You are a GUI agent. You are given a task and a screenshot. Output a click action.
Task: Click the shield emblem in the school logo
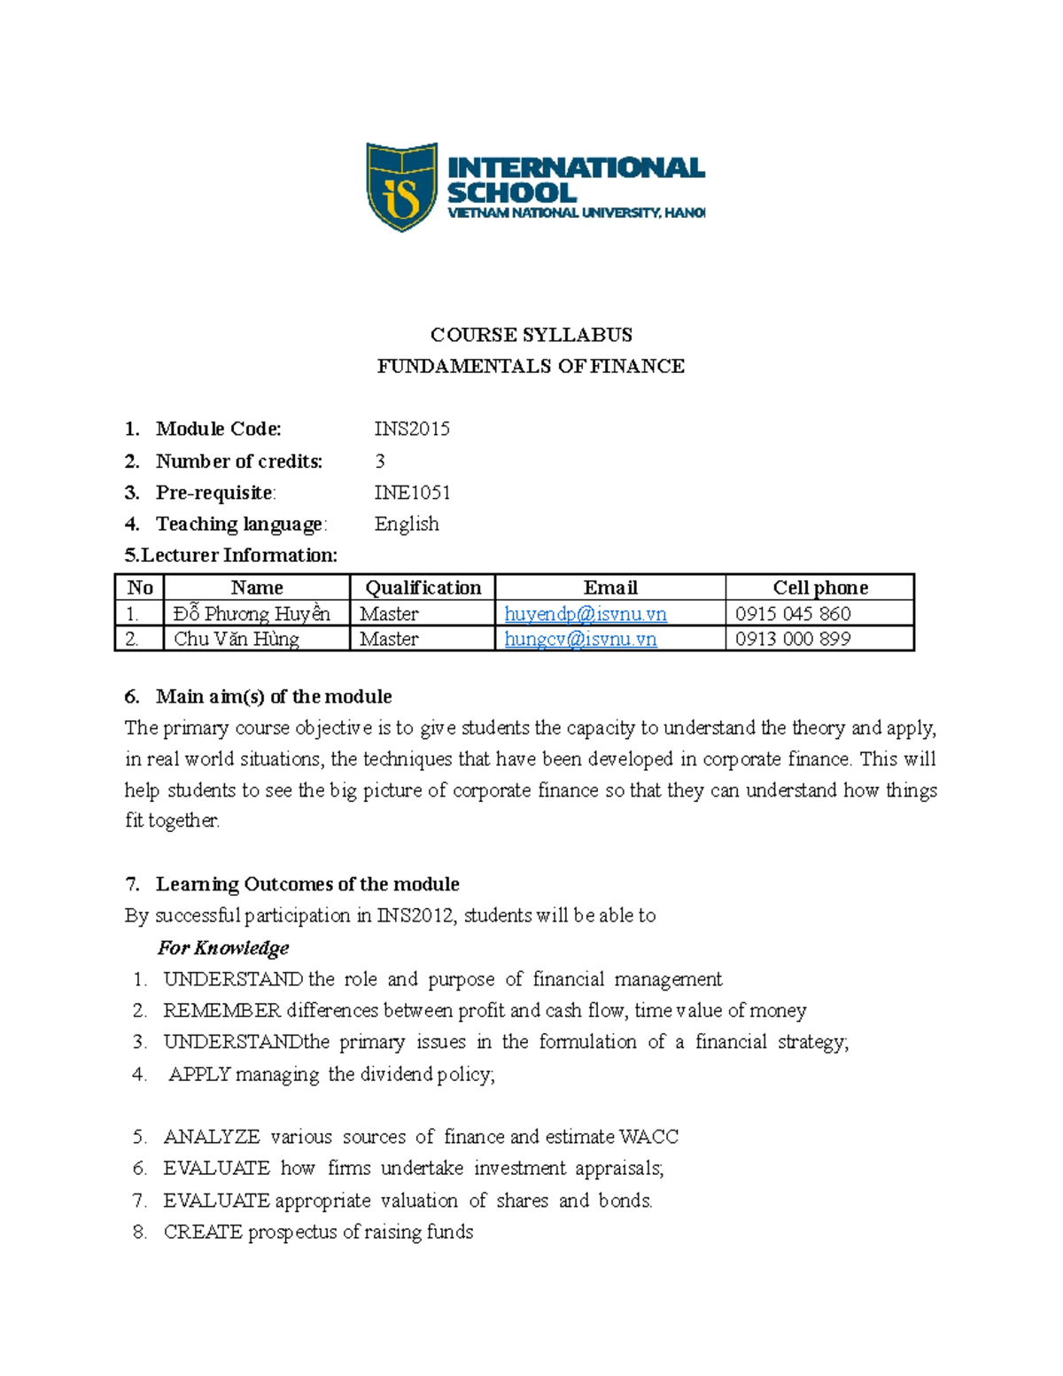click(x=401, y=187)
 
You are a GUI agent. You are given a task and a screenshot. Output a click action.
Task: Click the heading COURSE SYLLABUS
click(x=531, y=335)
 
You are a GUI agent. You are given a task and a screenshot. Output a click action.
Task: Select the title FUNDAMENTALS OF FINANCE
click(x=531, y=366)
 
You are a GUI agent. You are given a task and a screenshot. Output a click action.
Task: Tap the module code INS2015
click(x=412, y=429)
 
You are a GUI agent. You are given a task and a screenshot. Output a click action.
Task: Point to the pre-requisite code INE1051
click(x=412, y=493)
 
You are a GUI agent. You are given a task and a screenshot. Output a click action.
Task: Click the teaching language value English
click(x=407, y=524)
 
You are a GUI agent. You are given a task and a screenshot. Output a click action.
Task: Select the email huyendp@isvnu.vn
click(x=586, y=614)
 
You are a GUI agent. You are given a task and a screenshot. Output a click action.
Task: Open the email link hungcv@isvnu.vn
click(x=580, y=639)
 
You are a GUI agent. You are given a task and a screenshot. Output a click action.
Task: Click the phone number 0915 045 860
click(x=793, y=614)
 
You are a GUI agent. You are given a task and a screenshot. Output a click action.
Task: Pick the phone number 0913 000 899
click(x=793, y=639)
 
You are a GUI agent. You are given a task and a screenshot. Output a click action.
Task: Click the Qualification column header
click(x=423, y=587)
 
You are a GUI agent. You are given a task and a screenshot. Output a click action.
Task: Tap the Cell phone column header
click(x=819, y=587)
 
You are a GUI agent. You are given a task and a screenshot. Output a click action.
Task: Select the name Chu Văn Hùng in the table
click(x=237, y=639)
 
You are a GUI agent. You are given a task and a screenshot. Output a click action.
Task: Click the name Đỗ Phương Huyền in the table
click(x=252, y=614)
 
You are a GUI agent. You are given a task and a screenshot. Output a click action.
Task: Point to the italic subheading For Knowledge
click(x=223, y=948)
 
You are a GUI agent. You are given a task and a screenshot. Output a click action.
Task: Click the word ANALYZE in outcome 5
click(x=212, y=1137)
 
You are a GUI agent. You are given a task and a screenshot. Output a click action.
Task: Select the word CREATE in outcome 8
click(x=203, y=1232)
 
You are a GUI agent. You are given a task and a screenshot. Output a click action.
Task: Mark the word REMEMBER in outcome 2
click(x=221, y=1011)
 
